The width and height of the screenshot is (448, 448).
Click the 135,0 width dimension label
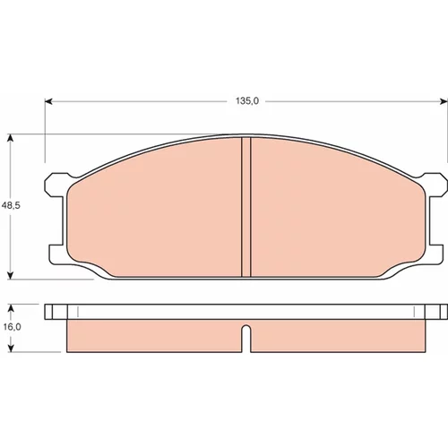click(247, 101)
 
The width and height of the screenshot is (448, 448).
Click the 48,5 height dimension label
click(11, 205)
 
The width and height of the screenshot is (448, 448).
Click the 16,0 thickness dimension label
click(12, 327)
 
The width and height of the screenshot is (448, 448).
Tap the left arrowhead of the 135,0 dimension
click(48, 101)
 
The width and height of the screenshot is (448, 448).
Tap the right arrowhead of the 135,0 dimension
click(444, 101)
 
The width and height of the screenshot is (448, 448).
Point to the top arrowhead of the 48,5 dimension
click(11, 138)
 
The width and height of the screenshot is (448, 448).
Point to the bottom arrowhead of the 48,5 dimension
click(11, 275)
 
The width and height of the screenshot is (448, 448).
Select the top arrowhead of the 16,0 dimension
click(11, 308)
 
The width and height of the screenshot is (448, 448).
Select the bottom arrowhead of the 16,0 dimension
click(11, 348)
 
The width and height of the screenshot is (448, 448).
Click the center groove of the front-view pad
click(246, 207)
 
